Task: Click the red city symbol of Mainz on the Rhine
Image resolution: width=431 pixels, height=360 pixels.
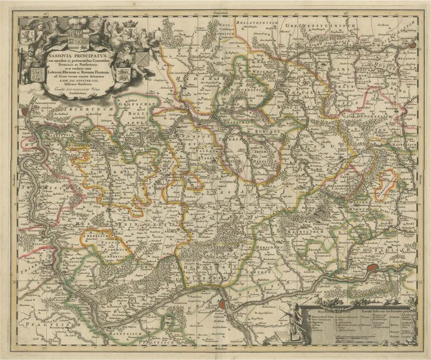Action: pyautogui.click(x=222, y=303)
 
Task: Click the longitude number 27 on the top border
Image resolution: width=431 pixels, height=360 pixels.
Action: pyautogui.click(x=45, y=15)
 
